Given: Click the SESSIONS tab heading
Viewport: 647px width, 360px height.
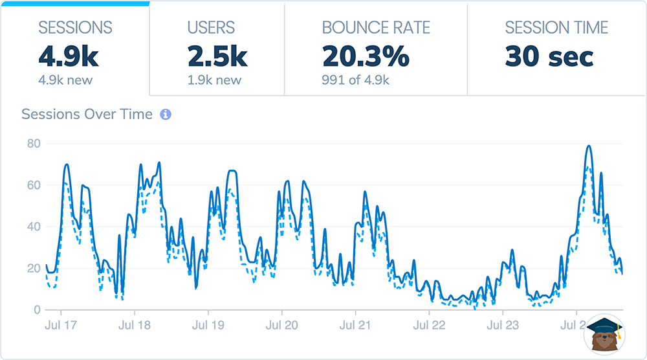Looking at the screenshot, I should point(75,28).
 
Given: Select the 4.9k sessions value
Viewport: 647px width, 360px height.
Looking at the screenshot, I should point(69,57).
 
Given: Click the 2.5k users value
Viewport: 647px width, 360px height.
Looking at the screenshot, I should point(217,57).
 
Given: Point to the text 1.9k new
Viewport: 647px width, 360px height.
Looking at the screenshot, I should point(215,80).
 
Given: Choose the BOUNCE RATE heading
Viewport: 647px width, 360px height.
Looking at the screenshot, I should point(376,28).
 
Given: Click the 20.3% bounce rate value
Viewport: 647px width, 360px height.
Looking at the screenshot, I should point(366,57).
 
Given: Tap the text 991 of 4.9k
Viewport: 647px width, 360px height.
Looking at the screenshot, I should point(356,80).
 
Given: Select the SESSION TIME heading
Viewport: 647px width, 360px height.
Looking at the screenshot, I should point(556,28).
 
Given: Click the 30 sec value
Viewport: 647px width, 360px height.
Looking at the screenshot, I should point(549,57).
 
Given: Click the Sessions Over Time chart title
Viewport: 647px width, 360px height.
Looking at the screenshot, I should point(87,115).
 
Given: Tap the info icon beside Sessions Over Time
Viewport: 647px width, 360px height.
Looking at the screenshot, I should point(166,115).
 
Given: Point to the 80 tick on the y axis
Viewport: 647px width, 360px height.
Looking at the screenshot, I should point(32,144).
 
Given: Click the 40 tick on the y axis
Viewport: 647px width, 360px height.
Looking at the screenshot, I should point(32,227).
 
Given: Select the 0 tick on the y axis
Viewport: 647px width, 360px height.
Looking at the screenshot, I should point(36,309).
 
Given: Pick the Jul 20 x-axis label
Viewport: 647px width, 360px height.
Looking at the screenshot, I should point(281,324).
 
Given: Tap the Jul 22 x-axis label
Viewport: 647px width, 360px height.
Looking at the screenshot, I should point(429,324).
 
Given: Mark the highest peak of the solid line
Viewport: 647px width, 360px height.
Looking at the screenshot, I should point(588,146).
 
